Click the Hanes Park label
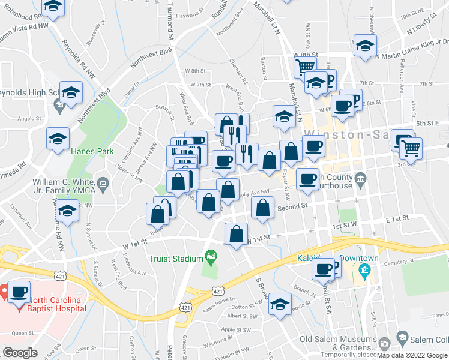[92, 152]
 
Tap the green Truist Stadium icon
[211, 259]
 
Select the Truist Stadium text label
[176, 259]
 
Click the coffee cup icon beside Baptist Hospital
[19, 292]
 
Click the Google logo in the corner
[20, 353]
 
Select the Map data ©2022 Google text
[412, 355]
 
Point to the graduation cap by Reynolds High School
[71, 93]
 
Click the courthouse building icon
[360, 178]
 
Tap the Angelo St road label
[29, 118]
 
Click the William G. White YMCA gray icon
[103, 182]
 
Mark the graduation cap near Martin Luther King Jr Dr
[364, 45]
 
